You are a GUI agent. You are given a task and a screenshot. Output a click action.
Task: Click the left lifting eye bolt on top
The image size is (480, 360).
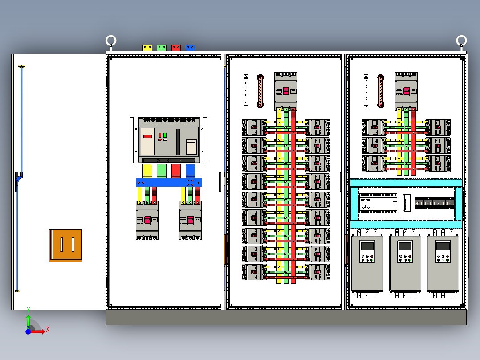click(x=111, y=41)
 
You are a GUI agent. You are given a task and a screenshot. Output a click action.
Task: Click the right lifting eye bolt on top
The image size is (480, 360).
click(x=461, y=41)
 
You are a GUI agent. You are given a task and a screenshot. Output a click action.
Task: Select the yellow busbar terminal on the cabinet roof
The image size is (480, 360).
click(x=147, y=47)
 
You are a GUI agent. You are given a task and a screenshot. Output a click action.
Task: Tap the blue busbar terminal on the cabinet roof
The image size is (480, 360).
click(x=190, y=47)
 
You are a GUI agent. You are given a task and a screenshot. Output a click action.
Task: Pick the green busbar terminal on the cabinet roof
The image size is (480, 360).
click(x=162, y=47)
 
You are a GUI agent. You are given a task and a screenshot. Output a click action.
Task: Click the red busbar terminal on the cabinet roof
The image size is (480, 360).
click(x=176, y=47)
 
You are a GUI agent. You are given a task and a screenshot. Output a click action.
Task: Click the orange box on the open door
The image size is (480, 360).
click(x=65, y=245)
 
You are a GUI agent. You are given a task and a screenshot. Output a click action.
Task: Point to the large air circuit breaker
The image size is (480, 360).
click(x=169, y=140)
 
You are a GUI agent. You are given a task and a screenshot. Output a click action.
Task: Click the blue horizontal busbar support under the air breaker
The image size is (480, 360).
click(x=169, y=182)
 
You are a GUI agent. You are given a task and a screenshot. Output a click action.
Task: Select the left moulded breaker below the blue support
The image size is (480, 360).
click(x=147, y=220)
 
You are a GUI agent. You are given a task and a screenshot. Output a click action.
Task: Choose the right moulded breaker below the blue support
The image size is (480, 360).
click(x=191, y=220)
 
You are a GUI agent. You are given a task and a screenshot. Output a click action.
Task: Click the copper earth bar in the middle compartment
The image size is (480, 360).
click(x=260, y=91)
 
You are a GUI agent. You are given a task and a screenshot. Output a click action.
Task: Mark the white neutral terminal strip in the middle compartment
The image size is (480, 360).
click(x=246, y=91)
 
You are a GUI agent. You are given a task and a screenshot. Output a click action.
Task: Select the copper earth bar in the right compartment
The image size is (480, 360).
click(x=381, y=91)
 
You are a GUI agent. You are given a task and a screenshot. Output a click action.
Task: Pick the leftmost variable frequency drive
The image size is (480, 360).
click(x=367, y=263)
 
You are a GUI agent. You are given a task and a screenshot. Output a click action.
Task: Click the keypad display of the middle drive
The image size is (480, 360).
click(x=405, y=246)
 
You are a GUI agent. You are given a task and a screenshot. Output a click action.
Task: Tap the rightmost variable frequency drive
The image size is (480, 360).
click(x=443, y=263)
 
